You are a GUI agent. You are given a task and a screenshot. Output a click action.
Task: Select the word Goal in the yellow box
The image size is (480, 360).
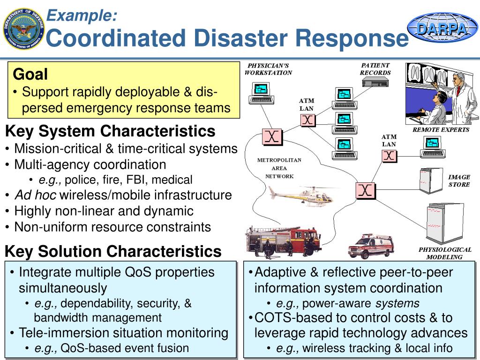30,75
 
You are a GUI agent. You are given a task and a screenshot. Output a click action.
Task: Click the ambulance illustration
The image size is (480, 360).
371,246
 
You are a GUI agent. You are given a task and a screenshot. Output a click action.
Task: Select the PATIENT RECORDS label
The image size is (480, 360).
375,69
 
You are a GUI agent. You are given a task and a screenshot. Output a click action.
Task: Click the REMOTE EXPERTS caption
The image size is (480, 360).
441,129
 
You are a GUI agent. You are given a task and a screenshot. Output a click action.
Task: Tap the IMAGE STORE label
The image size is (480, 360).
459,180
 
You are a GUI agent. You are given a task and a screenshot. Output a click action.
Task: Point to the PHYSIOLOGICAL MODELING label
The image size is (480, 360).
444,253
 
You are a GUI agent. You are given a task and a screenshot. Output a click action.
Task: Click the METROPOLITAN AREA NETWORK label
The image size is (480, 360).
279,168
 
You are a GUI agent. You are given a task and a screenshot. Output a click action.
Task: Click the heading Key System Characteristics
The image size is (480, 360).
110,130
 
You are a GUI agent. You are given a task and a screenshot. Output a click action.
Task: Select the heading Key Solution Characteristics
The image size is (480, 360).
113,251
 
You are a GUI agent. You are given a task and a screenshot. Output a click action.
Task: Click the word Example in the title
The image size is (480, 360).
83,15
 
